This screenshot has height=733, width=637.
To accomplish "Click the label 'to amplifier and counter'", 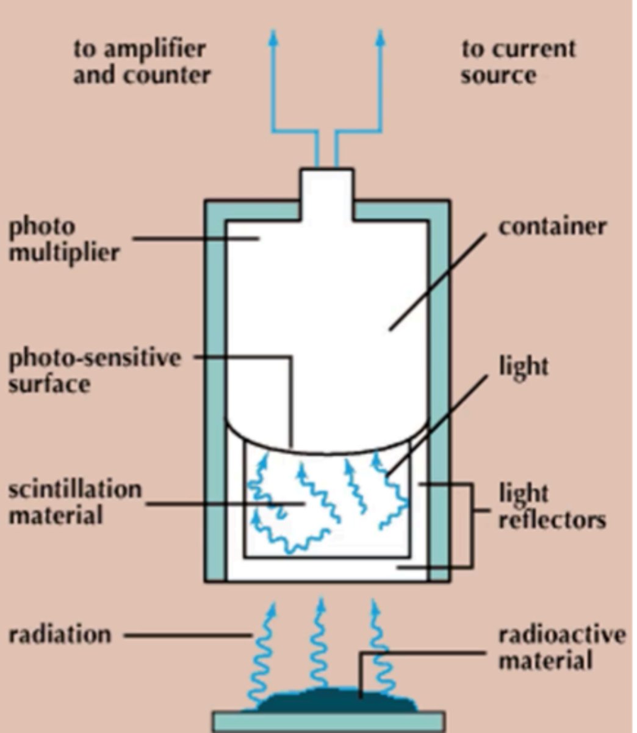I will coord(142,62).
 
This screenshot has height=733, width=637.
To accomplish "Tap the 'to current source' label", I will coord(518,62).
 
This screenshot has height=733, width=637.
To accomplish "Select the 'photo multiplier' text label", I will coord(63,239).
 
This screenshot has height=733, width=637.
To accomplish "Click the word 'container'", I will coord(552,227).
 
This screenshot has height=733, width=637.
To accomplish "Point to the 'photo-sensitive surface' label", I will coord(94,371).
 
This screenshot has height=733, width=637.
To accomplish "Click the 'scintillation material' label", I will coord(74,503).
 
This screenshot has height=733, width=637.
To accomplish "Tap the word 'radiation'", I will coord(60,635).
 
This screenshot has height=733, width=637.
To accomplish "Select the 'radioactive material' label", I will coord(561,647).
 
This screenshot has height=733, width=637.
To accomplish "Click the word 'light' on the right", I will coord(524,366).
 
